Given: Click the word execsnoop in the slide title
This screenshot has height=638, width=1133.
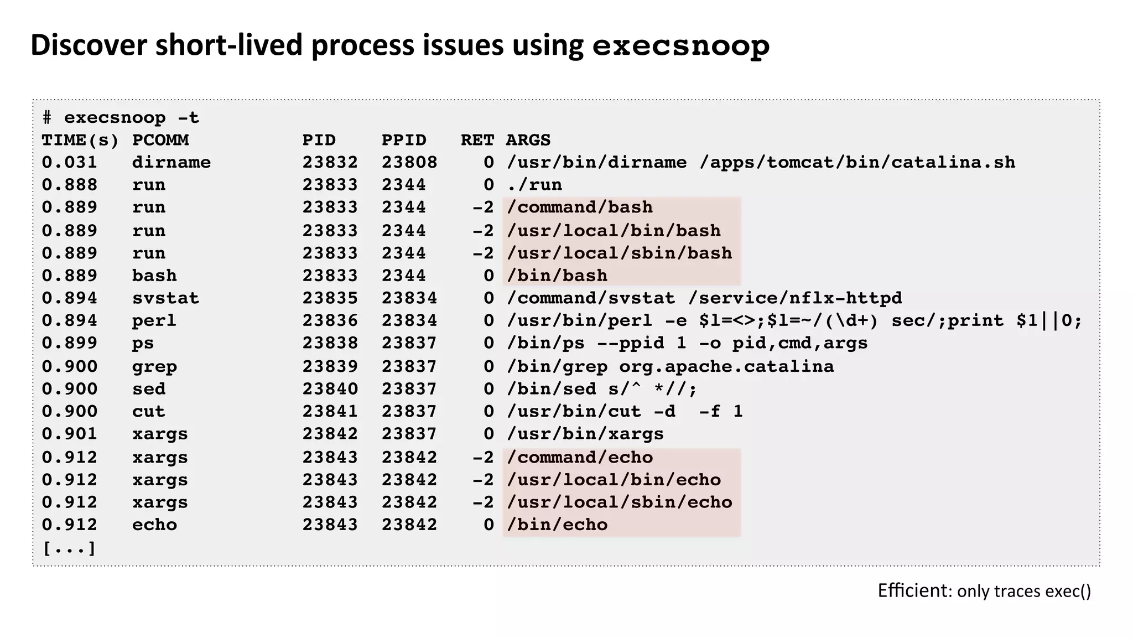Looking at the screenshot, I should [680, 46].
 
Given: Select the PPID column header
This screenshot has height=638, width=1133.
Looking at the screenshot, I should [404, 140].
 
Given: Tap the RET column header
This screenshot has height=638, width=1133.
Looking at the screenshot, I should [477, 140].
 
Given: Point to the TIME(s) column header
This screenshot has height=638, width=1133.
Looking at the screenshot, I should [80, 141].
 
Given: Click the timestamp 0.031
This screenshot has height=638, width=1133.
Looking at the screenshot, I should [69, 163].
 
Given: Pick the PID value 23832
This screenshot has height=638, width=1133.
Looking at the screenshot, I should [330, 163].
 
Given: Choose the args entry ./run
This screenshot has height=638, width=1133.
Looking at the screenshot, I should [534, 185].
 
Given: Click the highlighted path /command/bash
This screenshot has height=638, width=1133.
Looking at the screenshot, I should [579, 208].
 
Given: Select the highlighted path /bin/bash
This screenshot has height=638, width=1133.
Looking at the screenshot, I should [557, 276].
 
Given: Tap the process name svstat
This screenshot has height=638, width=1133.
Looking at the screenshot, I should [165, 298].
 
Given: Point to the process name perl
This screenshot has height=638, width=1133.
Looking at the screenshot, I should [154, 321].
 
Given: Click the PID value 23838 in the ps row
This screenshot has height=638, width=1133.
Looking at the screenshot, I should [330, 343].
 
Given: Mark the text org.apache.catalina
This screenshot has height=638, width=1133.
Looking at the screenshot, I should [726, 366].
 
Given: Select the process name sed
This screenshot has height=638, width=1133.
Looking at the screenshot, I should [148, 389].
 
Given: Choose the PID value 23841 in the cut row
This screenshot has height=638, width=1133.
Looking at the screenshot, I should [330, 412].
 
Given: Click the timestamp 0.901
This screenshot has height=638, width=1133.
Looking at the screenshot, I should [69, 434].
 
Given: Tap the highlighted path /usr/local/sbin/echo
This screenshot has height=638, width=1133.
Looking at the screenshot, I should [619, 502].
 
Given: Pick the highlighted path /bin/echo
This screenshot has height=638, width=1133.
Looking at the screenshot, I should [557, 525].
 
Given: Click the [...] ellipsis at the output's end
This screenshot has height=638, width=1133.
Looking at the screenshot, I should [69, 548].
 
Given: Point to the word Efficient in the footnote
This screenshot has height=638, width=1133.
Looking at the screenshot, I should [913, 591].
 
